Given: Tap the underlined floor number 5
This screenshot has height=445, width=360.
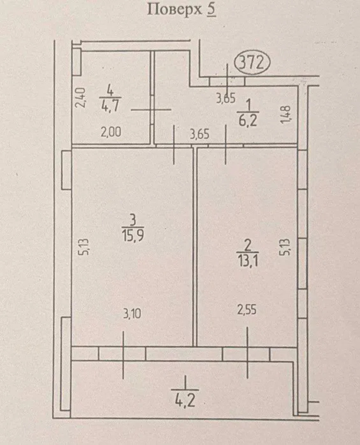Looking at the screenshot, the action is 211,10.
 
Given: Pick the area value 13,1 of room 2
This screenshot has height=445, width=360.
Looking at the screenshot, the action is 248,261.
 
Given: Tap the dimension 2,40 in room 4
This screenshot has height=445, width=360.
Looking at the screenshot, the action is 81,98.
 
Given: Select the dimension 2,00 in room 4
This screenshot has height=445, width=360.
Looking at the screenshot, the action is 111,132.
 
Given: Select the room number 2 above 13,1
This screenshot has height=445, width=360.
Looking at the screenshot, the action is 248,246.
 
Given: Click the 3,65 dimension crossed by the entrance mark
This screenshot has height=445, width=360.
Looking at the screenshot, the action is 226,98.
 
